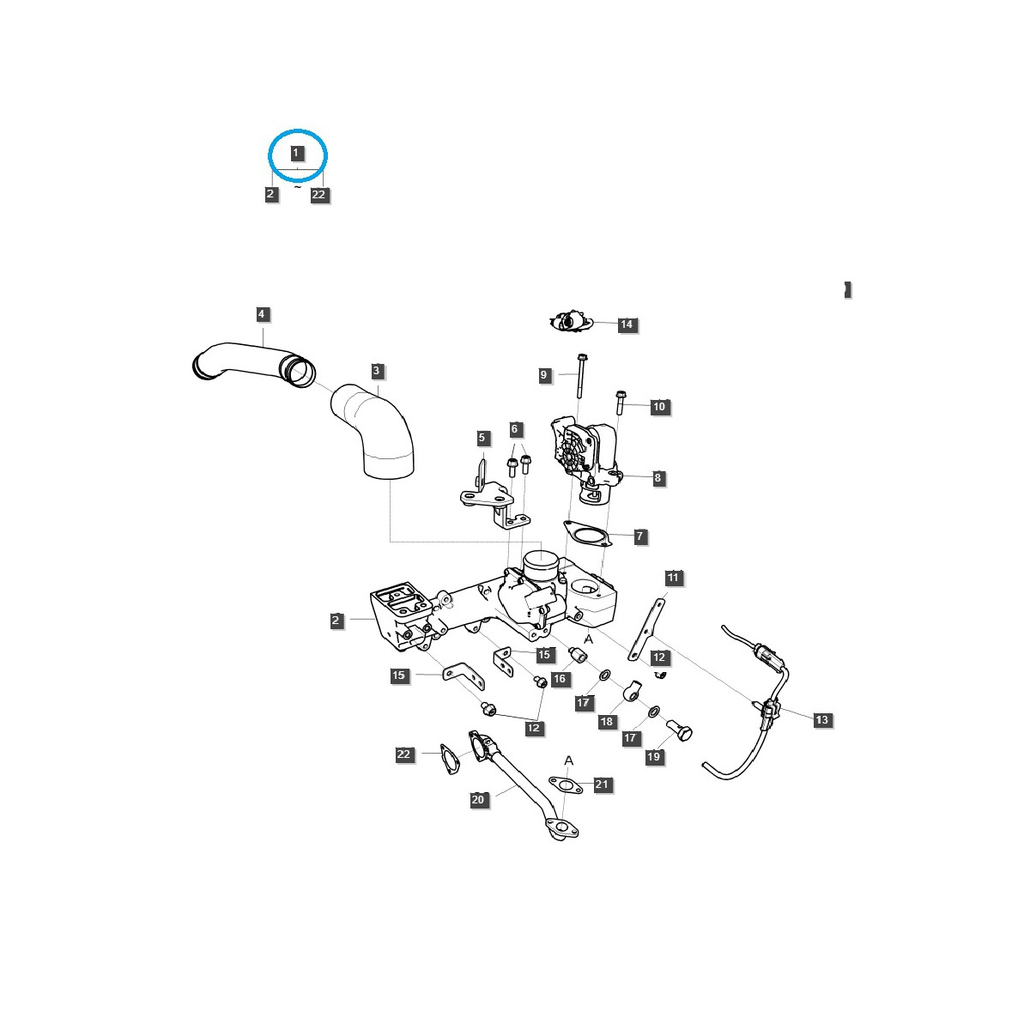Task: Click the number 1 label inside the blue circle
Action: click(x=295, y=153)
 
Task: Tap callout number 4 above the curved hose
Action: click(x=261, y=314)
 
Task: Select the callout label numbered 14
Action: click(x=627, y=324)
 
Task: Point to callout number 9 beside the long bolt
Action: click(x=543, y=375)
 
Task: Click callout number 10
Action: click(x=659, y=406)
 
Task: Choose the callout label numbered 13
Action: click(x=821, y=719)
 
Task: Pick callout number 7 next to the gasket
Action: click(x=639, y=536)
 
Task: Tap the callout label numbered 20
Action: click(x=478, y=800)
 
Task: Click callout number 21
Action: click(x=602, y=784)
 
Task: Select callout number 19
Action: click(x=653, y=756)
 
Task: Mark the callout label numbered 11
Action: click(x=673, y=578)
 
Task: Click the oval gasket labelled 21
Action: click(x=566, y=785)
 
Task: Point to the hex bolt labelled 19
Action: click(x=679, y=730)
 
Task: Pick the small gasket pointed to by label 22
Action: click(x=448, y=759)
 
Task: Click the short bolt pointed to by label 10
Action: click(x=620, y=403)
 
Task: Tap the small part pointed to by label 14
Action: click(x=571, y=322)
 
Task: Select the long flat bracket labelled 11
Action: click(x=645, y=630)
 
